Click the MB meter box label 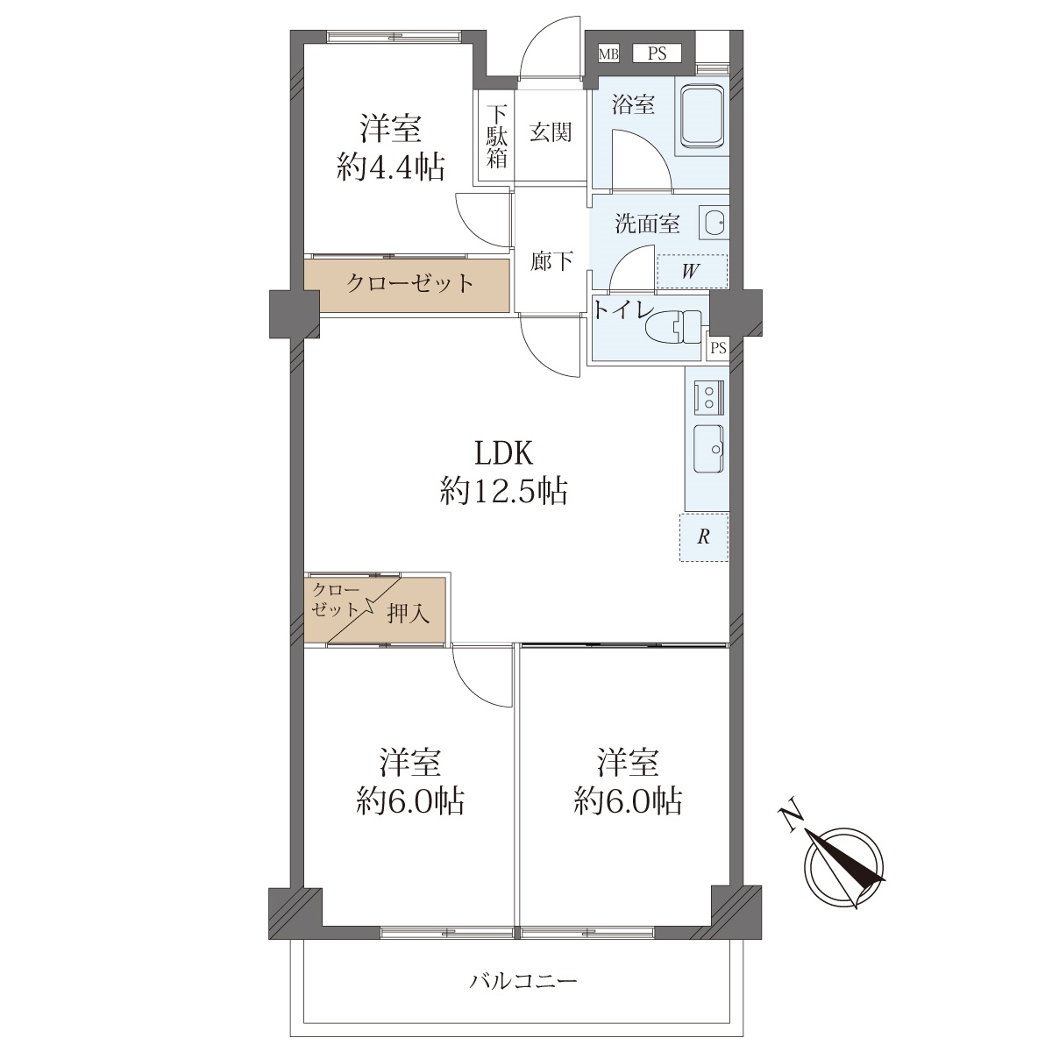[x=608, y=54]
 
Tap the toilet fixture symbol [x=673, y=328]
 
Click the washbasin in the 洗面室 [x=714, y=223]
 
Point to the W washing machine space [x=693, y=271]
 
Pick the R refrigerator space [x=704, y=537]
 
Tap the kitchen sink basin [x=709, y=450]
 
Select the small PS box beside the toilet [x=718, y=348]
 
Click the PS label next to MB [x=657, y=54]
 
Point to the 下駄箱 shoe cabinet [x=496, y=136]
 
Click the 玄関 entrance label [x=551, y=132]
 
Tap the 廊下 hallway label [x=551, y=261]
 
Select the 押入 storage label [x=409, y=615]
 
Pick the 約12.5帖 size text [x=504, y=491]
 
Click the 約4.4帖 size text [x=390, y=167]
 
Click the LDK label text [x=503, y=451]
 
